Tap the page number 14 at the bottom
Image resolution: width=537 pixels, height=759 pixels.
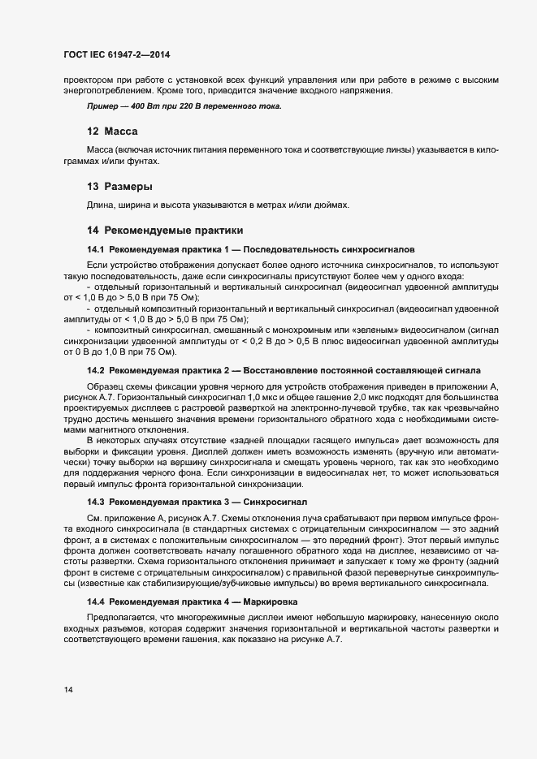[69, 690]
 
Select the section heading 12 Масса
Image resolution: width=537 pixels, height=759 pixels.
[112, 132]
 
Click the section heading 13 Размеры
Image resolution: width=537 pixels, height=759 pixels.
[119, 187]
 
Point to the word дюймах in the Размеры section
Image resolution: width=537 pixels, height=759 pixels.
[332, 205]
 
